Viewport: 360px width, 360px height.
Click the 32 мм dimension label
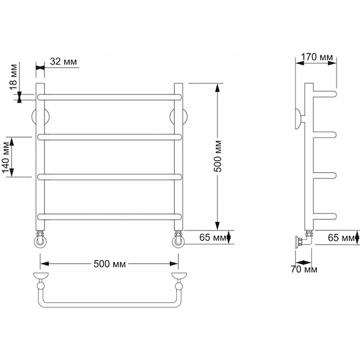pyautogui.click(x=64, y=62)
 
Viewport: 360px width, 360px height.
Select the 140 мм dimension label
pyautogui.click(x=6, y=157)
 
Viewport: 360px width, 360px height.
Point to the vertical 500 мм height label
pyautogui.click(x=218, y=156)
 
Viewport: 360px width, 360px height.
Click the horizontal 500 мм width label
pyautogui.click(x=110, y=264)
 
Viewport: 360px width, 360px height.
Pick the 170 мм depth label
pyautogui.click(x=317, y=57)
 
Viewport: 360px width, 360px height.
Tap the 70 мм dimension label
pyautogui.click(x=304, y=269)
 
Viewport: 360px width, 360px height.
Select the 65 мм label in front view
pyautogui.click(x=213, y=238)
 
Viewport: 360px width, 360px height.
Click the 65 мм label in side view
pyautogui.click(x=341, y=238)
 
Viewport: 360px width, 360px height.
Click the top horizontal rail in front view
pyautogui.click(x=110, y=97)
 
